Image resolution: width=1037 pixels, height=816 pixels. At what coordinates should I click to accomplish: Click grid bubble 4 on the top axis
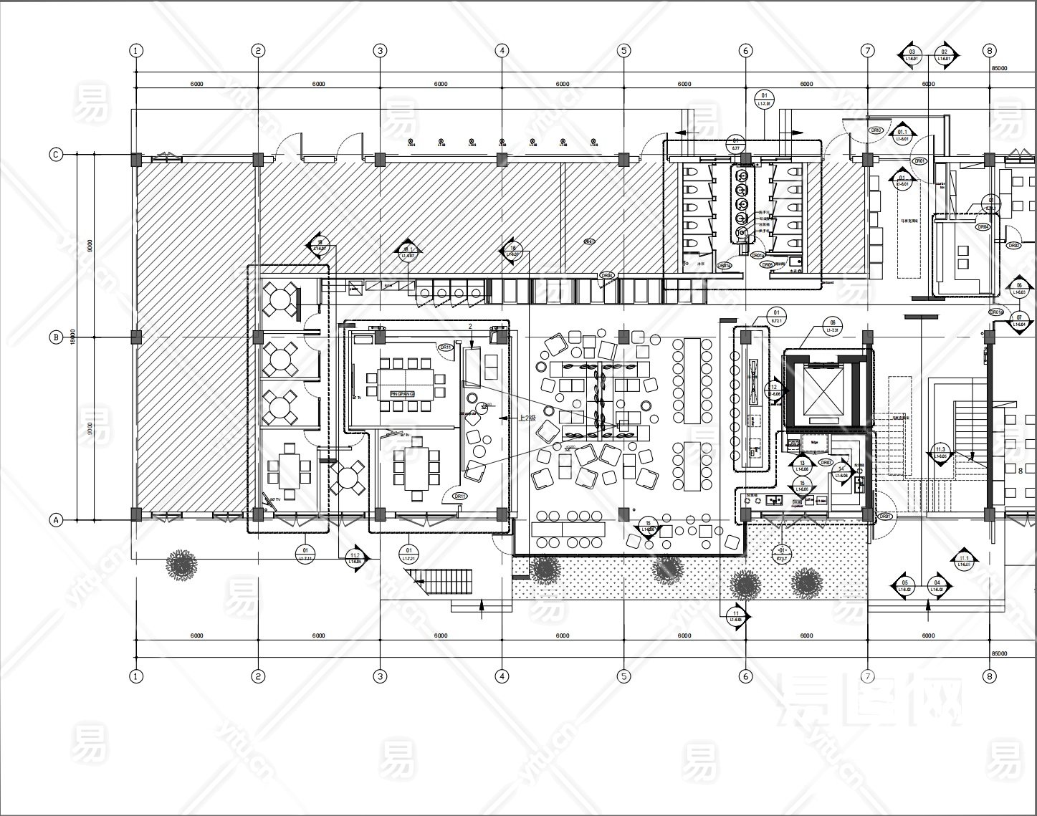tap(502, 50)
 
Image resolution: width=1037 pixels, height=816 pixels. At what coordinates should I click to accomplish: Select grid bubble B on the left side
tap(55, 337)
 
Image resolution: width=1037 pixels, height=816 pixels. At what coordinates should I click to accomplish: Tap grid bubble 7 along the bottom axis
tap(868, 676)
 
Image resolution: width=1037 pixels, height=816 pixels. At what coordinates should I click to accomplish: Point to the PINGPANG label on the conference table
tap(403, 394)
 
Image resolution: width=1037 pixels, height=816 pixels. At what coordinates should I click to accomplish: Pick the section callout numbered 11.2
tap(355, 557)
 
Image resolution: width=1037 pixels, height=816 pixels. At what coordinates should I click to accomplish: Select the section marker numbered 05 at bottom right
tap(904, 586)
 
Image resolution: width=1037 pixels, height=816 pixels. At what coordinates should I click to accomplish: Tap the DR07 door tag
tap(826, 463)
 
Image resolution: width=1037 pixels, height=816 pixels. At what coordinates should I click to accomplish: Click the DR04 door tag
tap(607, 275)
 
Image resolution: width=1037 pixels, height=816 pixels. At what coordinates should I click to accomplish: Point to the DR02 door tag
tap(1014, 245)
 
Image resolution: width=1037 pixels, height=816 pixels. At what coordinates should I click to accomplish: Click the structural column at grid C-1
tap(136, 159)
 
